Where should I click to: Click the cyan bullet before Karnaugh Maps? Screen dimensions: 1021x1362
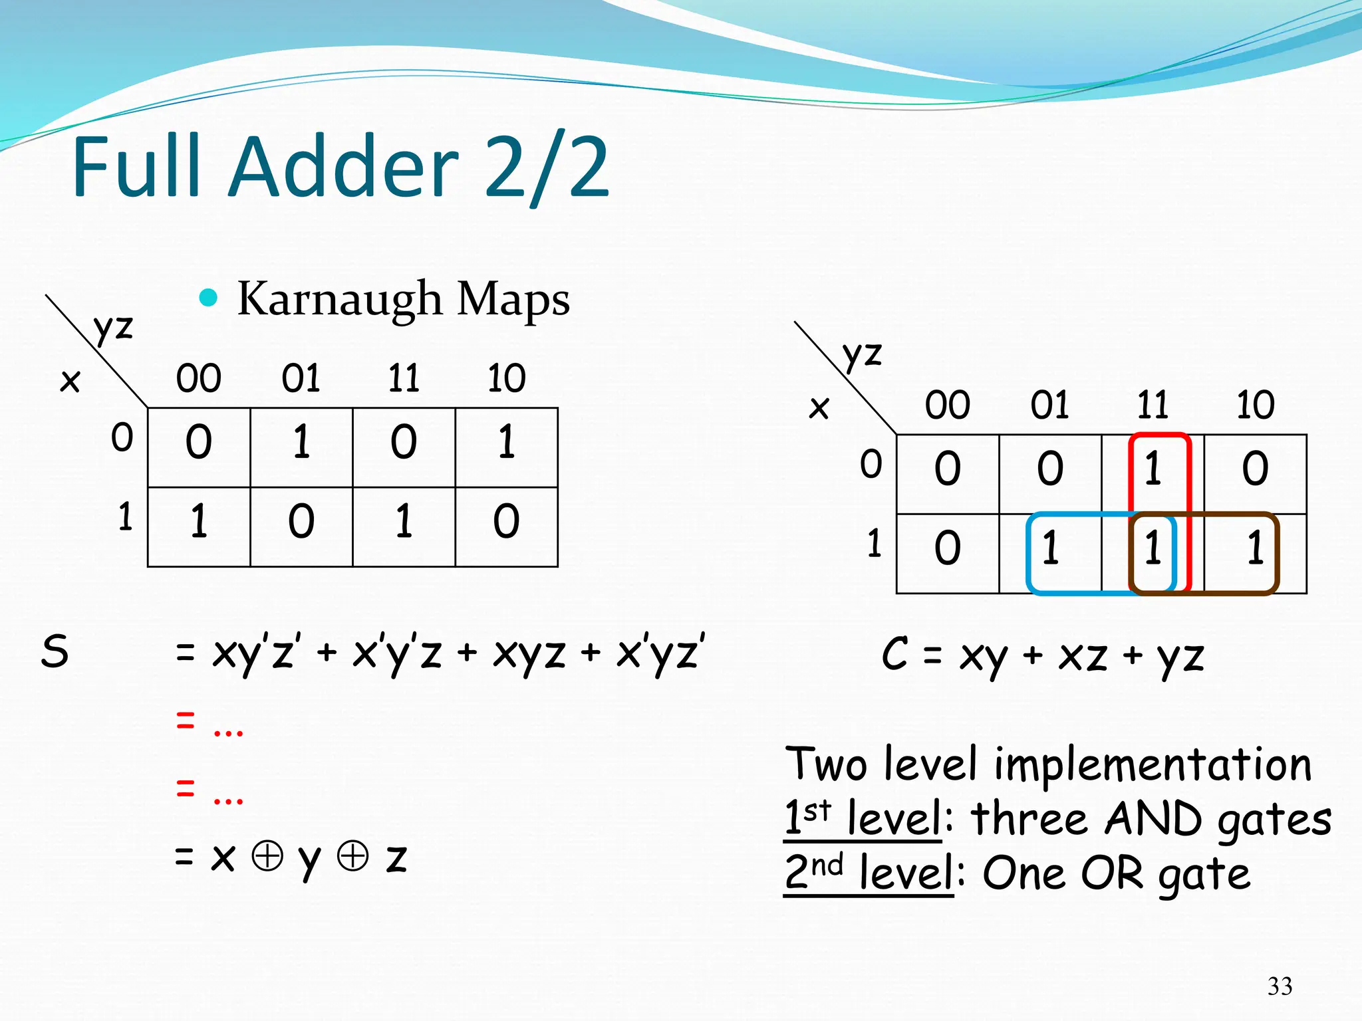click(209, 297)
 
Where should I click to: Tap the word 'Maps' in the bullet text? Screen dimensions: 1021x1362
click(513, 299)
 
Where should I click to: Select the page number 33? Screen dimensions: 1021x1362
click(1280, 986)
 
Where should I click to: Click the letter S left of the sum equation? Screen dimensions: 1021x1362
click(55, 651)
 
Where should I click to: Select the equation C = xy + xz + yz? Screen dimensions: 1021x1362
click(1042, 655)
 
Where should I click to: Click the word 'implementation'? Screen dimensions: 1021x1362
click(1153, 764)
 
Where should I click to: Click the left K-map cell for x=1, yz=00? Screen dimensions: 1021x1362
click(199, 520)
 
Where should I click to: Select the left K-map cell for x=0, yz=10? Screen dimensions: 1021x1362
click(506, 441)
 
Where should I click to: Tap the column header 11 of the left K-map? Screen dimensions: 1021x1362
click(404, 378)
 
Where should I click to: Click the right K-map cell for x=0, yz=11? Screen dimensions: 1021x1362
click(1153, 468)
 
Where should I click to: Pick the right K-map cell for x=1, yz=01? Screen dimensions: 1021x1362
click(1050, 548)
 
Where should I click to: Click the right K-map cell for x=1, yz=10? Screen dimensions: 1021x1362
click(1255, 548)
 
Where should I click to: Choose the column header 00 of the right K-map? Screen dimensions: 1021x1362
click(947, 405)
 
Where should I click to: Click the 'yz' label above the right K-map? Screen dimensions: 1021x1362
click(862, 354)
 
